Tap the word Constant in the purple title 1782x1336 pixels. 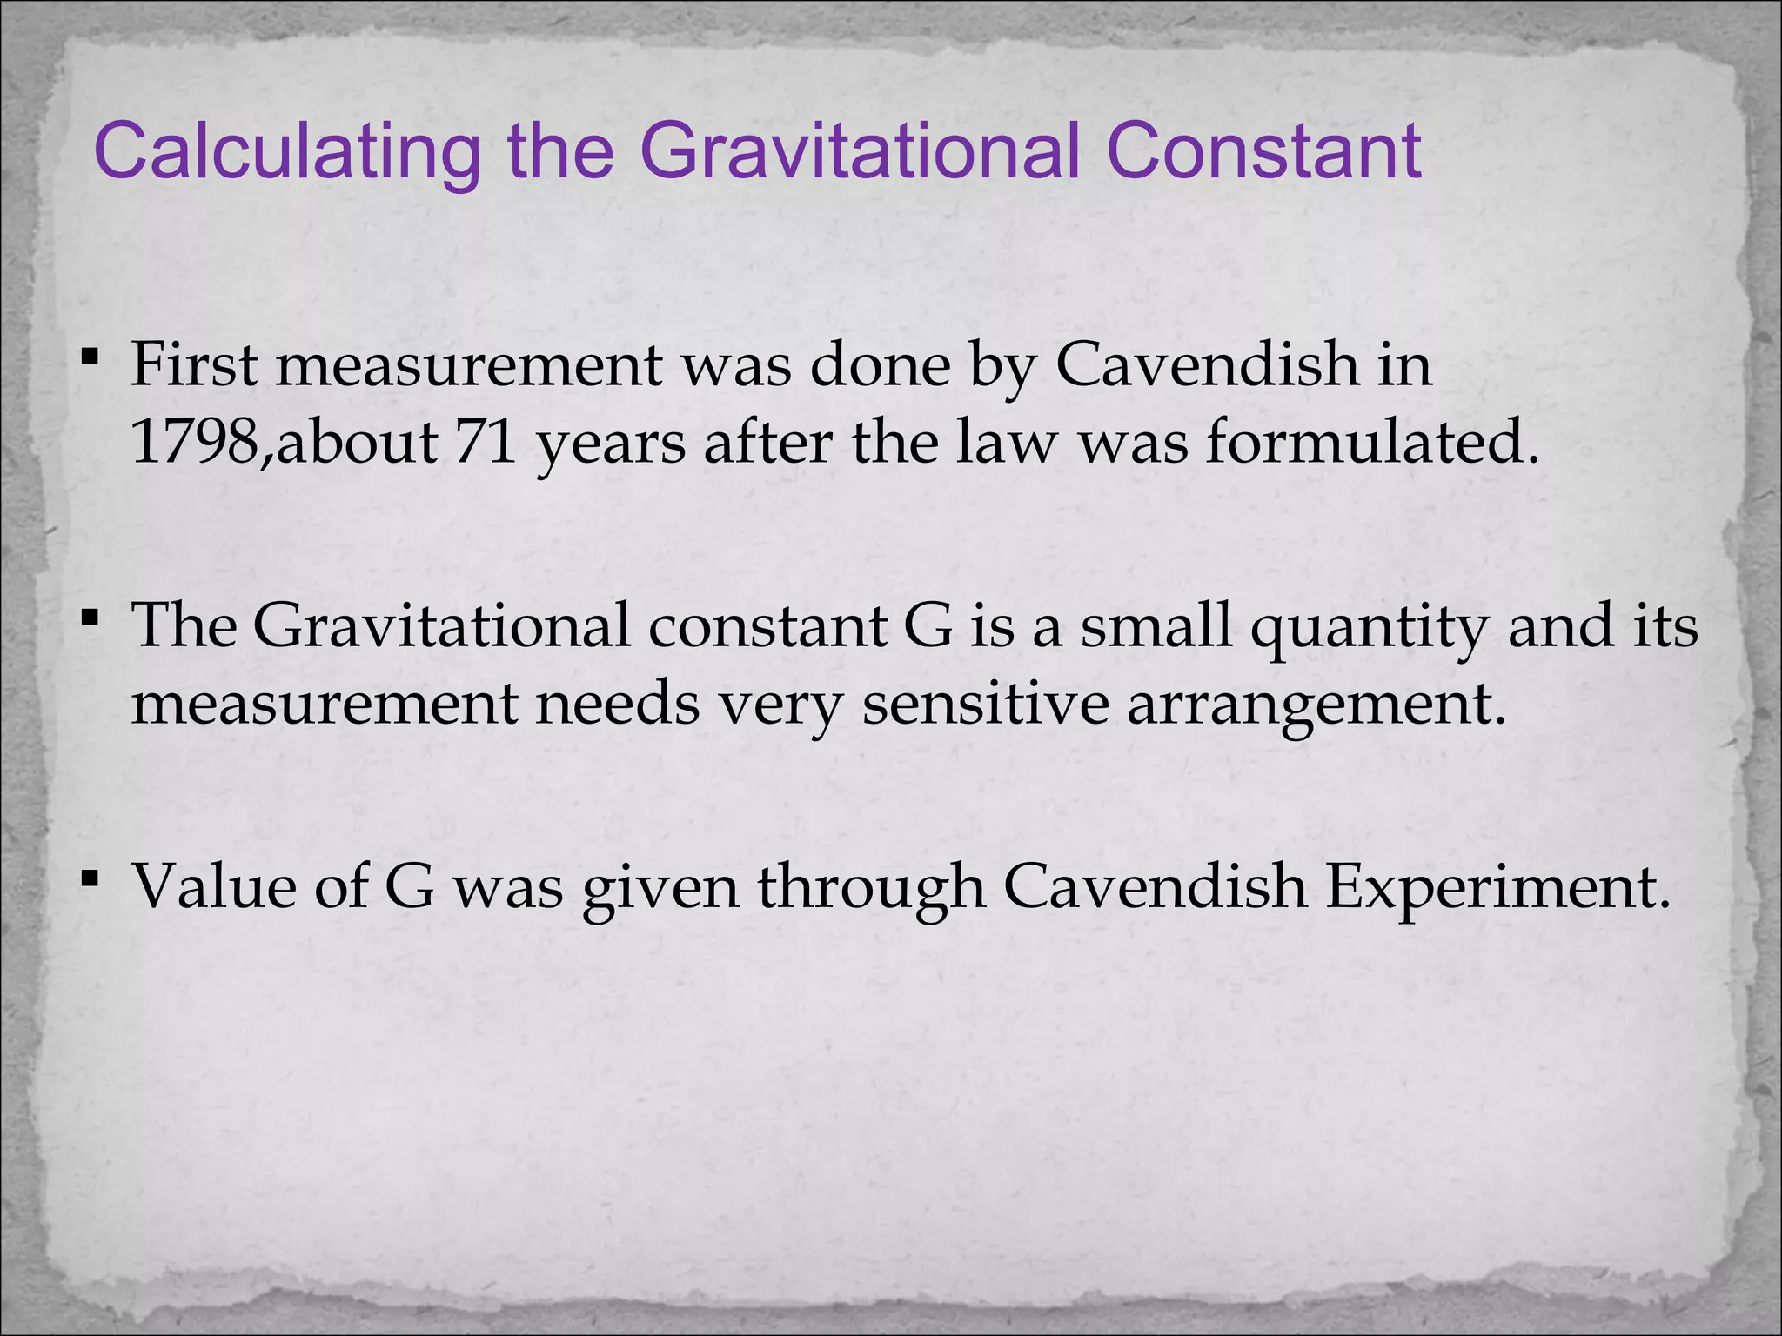tap(1264, 151)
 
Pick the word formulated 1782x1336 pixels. tap(1366, 442)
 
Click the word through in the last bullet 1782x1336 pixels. tap(871, 889)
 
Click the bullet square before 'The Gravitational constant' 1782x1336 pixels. tap(89, 618)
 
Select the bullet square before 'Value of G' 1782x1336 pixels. tap(89, 878)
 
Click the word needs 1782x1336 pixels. tap(617, 704)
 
